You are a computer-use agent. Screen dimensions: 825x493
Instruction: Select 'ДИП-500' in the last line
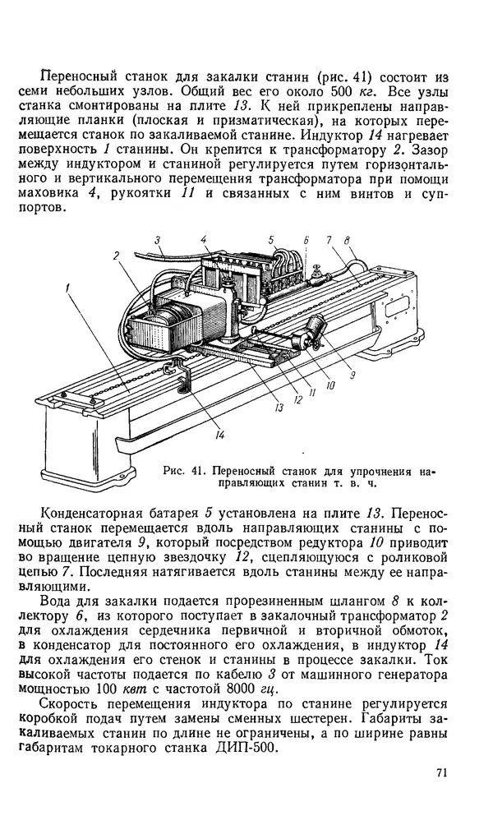pos(304,749)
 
